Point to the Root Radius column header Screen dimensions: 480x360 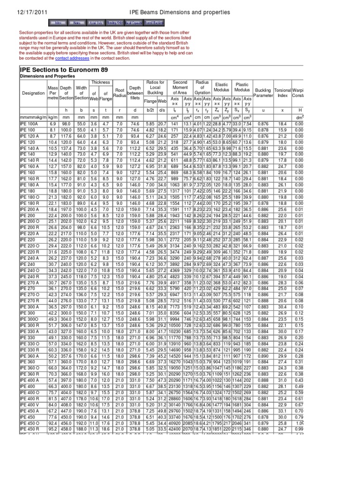point(120,93)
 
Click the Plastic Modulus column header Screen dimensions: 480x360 point(242,87)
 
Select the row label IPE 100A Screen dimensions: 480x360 point(30,123)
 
